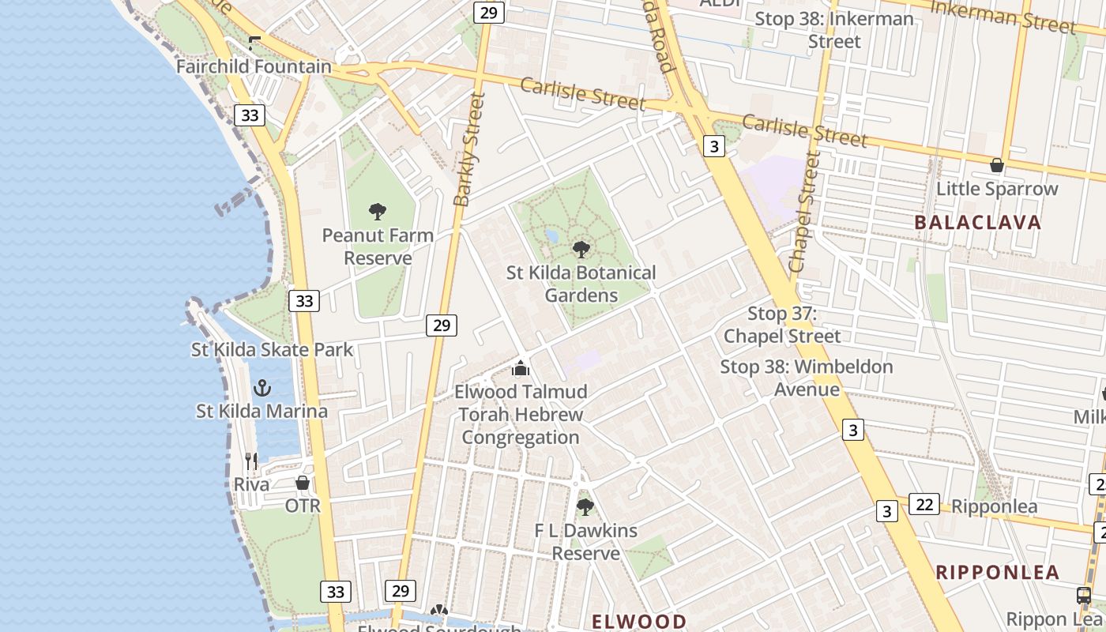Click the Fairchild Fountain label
click(254, 66)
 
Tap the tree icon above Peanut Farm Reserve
click(378, 211)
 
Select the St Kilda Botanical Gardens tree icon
click(581, 250)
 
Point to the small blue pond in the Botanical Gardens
click(551, 236)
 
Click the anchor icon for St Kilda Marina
click(261, 388)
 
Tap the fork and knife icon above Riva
click(251, 461)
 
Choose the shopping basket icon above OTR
click(303, 482)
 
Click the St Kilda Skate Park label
click(273, 349)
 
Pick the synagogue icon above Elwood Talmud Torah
click(521, 368)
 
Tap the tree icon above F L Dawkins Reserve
click(585, 506)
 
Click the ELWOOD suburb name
click(639, 621)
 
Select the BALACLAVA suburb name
click(978, 223)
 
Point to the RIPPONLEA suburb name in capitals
click(998, 573)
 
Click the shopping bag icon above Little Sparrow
click(997, 165)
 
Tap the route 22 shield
click(924, 503)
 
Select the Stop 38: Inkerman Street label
click(834, 30)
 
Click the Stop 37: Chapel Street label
click(783, 325)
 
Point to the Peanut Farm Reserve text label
click(378, 246)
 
